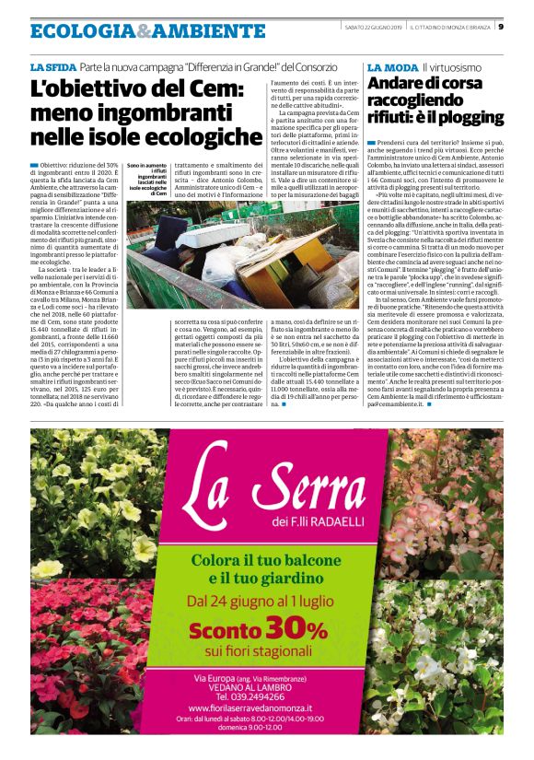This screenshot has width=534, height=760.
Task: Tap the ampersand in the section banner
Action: pyautogui.click(x=142, y=31)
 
